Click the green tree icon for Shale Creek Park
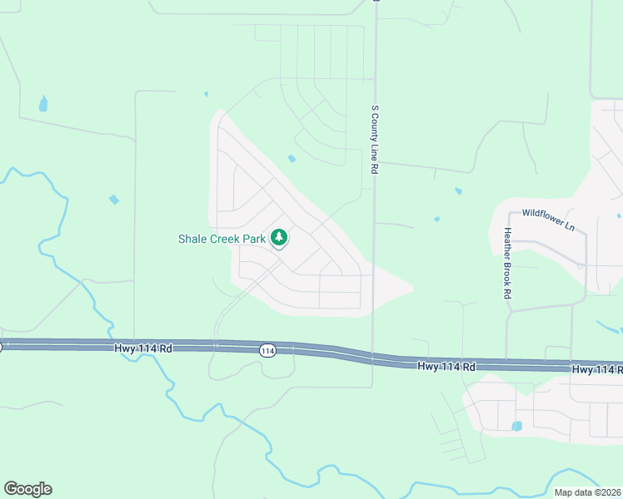(279, 238)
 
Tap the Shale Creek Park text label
(222, 239)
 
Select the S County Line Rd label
(375, 139)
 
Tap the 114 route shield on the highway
(267, 350)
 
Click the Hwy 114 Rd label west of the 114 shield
(143, 349)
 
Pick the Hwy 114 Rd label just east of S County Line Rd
(446, 366)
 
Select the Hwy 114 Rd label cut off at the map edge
(596, 368)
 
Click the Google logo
(27, 489)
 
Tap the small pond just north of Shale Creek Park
(292, 159)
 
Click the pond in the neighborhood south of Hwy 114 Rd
(517, 426)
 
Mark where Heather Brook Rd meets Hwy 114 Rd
(507, 363)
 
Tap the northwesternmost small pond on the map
(42, 104)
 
